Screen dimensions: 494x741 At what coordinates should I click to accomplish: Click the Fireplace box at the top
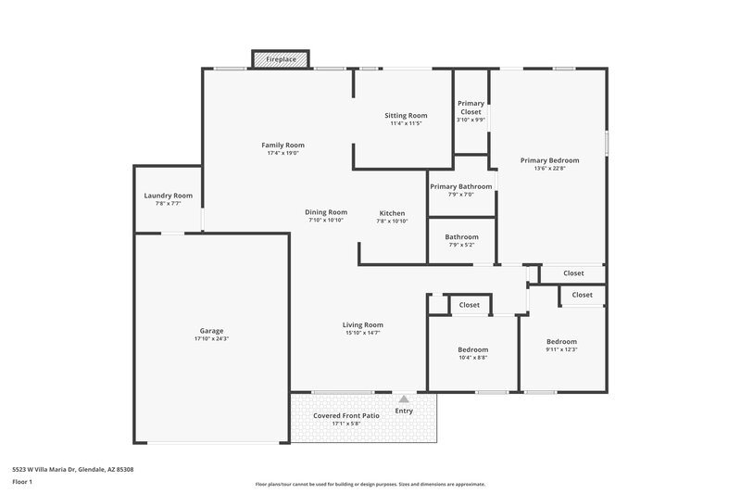282,59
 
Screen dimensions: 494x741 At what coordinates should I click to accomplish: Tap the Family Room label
283,145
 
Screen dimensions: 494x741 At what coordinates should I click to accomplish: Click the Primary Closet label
471,108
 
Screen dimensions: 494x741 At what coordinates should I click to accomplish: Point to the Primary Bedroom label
549,160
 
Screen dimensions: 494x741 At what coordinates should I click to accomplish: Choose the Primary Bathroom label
460,186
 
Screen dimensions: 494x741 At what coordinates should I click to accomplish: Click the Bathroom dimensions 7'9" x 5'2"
461,245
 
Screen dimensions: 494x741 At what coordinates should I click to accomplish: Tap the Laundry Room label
168,196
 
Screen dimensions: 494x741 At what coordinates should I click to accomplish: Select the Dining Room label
326,212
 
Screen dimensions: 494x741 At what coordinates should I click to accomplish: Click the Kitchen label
392,213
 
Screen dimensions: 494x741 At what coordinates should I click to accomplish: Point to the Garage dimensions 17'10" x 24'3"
211,339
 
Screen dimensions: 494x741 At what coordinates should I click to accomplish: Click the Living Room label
362,324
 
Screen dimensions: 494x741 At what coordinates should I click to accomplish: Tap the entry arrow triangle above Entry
403,399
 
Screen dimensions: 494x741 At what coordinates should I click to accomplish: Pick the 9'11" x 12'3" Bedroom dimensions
560,349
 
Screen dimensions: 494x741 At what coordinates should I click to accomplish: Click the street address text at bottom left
72,470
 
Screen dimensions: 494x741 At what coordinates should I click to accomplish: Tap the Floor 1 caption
22,482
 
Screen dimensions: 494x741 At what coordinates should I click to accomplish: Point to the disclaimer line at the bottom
370,484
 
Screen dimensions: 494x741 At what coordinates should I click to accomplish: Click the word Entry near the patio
404,411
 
